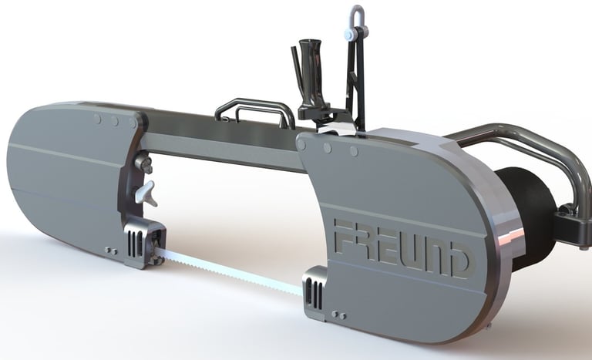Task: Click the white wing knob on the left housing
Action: point(146,193)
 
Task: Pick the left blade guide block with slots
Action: point(141,242)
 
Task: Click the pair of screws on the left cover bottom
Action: point(111,251)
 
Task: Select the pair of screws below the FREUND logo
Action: point(338,314)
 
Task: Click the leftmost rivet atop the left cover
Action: point(98,119)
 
